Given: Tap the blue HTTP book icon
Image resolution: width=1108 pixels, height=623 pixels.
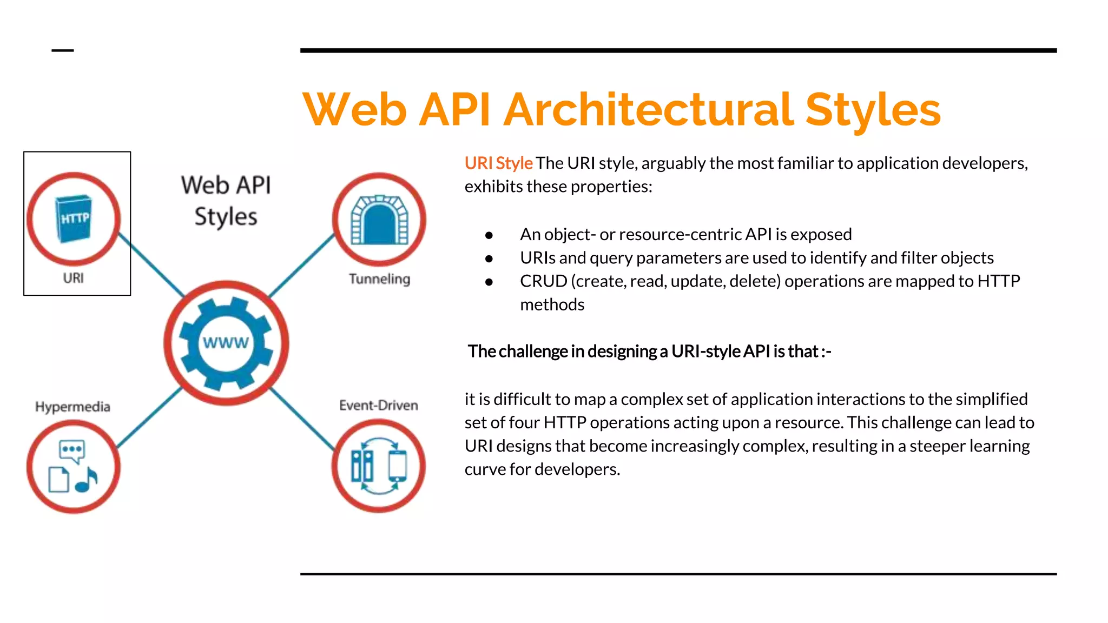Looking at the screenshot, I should [x=74, y=218].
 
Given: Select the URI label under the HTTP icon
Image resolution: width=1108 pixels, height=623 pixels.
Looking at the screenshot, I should [x=73, y=278].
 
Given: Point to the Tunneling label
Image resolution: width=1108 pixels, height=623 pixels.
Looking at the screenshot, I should [x=379, y=279].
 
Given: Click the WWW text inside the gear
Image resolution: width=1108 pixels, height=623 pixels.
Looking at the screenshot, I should [x=226, y=343].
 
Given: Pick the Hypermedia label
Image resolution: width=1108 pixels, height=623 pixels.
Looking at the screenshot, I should [x=72, y=407].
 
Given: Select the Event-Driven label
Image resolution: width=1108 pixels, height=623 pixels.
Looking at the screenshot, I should [x=378, y=406].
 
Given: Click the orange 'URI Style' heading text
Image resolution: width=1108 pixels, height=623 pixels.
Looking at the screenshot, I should [x=498, y=163].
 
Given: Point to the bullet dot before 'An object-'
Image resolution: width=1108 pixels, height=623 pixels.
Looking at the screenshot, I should [x=489, y=235].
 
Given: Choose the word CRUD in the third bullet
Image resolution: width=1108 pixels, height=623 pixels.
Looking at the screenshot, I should [x=543, y=281].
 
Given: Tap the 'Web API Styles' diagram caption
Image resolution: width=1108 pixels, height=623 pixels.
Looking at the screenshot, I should [x=226, y=201].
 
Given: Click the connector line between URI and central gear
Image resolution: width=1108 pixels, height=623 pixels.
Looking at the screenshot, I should [x=151, y=265].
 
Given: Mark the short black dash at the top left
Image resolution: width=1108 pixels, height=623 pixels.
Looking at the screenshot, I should [x=63, y=51].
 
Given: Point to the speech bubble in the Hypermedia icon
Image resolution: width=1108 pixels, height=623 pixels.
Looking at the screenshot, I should [x=72, y=450].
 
